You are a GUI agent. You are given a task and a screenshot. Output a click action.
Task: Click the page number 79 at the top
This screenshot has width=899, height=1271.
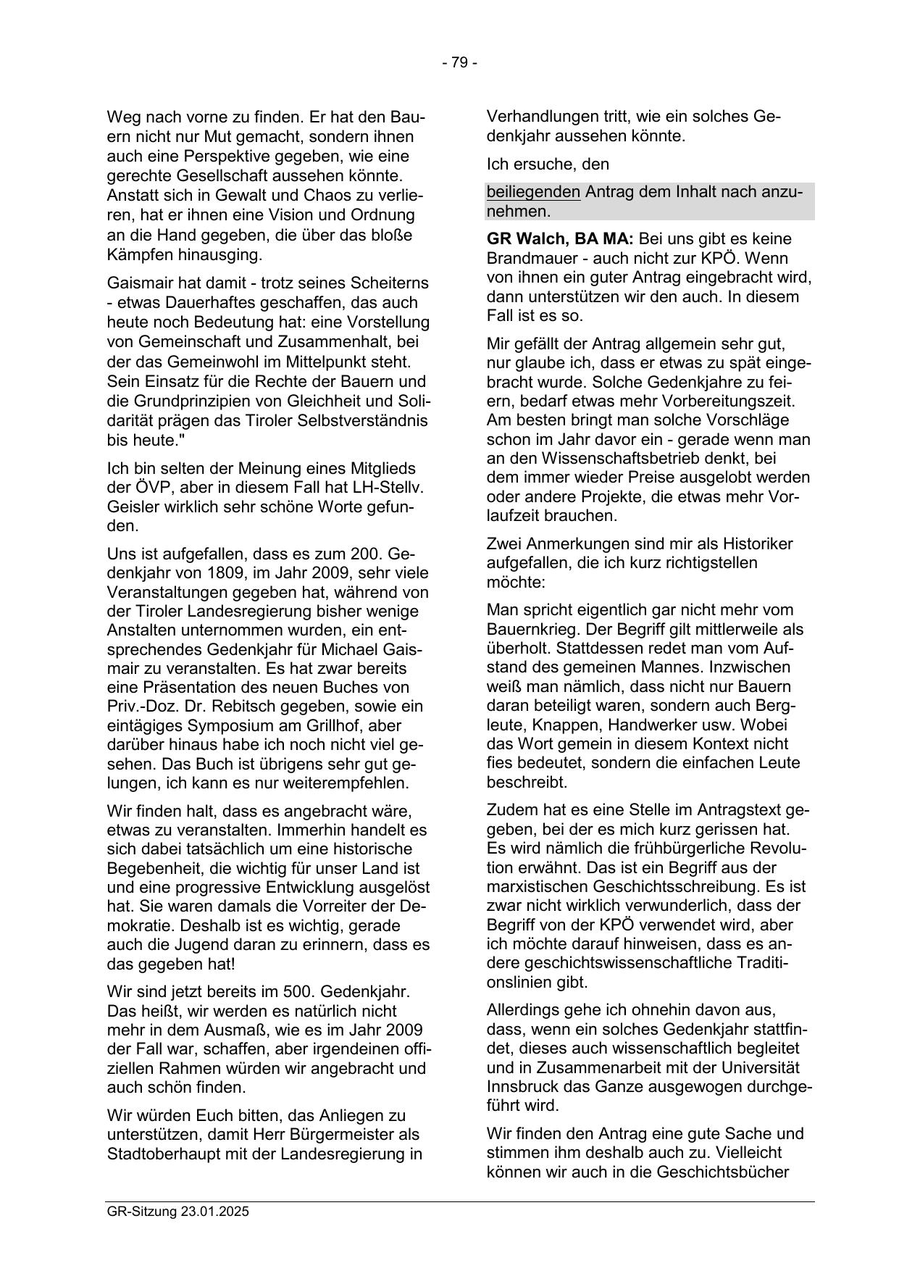[x=459, y=63]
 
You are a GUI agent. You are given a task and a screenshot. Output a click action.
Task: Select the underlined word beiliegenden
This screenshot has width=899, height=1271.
[x=533, y=192]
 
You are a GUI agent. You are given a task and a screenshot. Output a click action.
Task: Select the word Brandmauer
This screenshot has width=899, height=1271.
[x=533, y=259]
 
